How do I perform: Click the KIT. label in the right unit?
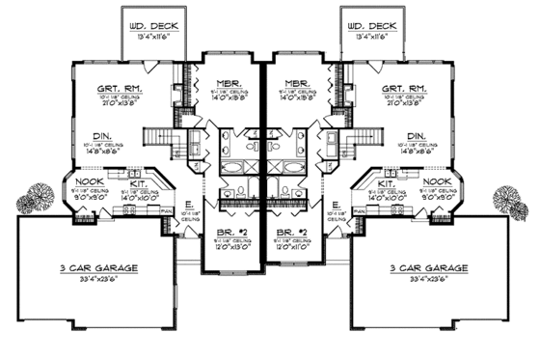(387, 181)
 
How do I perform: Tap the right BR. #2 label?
(292, 234)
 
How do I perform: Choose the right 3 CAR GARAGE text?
(429, 265)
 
